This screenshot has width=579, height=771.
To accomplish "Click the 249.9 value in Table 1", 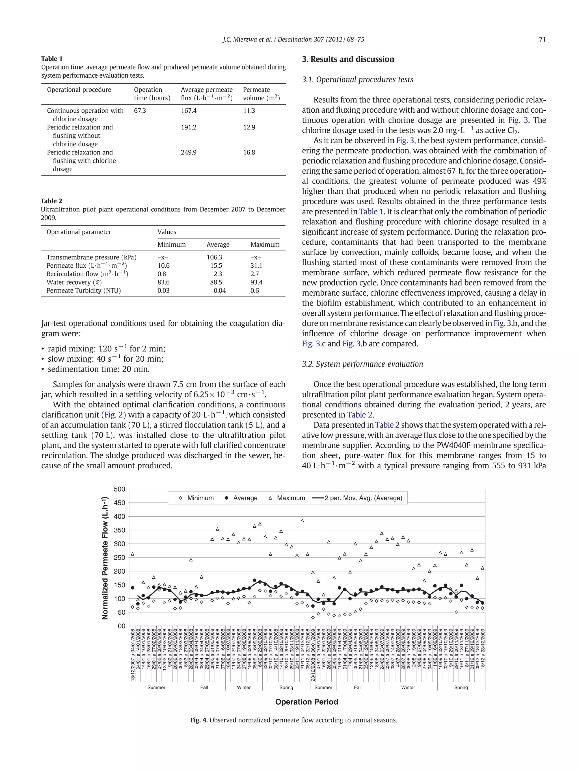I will tap(189, 152).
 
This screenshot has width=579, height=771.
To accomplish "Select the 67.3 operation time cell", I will tap(140, 110).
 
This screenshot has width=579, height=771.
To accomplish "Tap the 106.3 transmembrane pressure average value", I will tap(214, 257).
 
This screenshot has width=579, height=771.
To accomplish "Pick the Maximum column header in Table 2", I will tap(265, 245).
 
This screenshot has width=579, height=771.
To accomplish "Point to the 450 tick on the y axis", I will tap(119, 503).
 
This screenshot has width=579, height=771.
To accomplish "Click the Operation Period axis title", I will tap(306, 702).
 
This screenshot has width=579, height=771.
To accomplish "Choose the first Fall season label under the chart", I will tap(204, 687).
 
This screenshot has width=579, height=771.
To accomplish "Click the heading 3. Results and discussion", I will tap(348, 59).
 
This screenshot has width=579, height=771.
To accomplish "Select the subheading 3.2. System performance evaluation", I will tap(362, 364).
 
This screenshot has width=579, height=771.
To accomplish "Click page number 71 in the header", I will tap(542, 40).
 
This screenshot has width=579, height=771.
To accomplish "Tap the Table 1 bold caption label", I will tap(52, 58).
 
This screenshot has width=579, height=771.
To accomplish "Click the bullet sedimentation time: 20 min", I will tap(98, 369).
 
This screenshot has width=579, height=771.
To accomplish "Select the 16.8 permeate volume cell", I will tap(249, 152).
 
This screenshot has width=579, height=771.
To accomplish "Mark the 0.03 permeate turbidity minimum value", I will tap(163, 290).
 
